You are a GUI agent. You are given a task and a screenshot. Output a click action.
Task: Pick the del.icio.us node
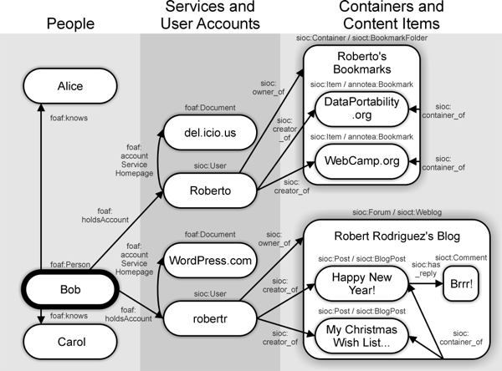point(210,132)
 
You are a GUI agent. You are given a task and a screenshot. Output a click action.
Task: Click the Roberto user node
point(210,190)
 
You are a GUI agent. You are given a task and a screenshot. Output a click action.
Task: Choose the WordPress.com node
point(210,261)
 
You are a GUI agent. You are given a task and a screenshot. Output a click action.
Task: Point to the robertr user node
point(210,317)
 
